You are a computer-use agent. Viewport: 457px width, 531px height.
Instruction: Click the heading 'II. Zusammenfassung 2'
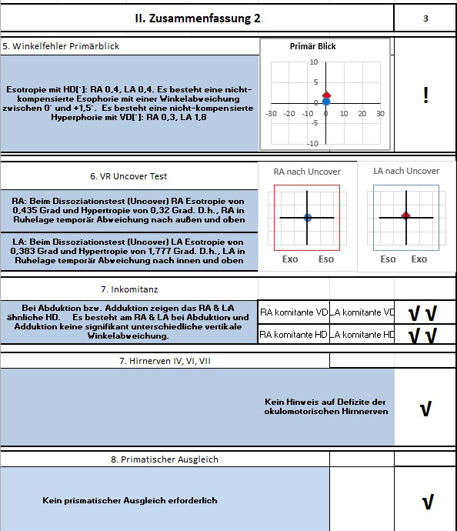point(198,18)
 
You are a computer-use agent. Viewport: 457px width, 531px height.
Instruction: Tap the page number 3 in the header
point(425,18)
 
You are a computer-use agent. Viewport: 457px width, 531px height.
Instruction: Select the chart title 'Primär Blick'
point(313,46)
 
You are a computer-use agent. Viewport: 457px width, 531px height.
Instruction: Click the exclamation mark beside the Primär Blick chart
point(425,95)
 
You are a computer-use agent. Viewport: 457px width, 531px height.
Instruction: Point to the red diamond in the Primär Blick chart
point(326,95)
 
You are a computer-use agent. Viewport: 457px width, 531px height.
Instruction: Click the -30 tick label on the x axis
point(271,113)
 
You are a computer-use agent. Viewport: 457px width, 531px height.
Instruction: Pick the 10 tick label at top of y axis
point(314,62)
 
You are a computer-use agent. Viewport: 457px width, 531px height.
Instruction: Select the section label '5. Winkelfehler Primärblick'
point(61,46)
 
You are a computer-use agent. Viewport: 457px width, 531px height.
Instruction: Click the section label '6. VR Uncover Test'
point(128,176)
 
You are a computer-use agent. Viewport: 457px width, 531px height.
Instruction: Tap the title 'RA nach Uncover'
point(307,172)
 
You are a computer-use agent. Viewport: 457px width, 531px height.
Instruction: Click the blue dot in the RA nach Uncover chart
point(308,218)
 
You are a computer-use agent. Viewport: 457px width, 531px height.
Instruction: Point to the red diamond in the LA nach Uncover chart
point(406,215)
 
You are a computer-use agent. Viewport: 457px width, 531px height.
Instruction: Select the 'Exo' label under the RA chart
point(290,259)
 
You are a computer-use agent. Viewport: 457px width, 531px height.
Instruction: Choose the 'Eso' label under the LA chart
point(388,259)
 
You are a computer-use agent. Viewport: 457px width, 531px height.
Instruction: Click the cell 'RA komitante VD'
point(294,312)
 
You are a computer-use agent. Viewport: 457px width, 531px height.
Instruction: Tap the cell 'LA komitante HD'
point(362,335)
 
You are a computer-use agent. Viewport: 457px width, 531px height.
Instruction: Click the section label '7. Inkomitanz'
point(129,289)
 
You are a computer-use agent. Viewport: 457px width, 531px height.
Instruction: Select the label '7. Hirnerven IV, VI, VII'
point(165,361)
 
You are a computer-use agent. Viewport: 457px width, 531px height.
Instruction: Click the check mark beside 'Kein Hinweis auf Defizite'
point(425,409)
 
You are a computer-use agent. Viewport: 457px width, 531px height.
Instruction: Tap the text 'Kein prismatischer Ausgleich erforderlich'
point(130,500)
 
